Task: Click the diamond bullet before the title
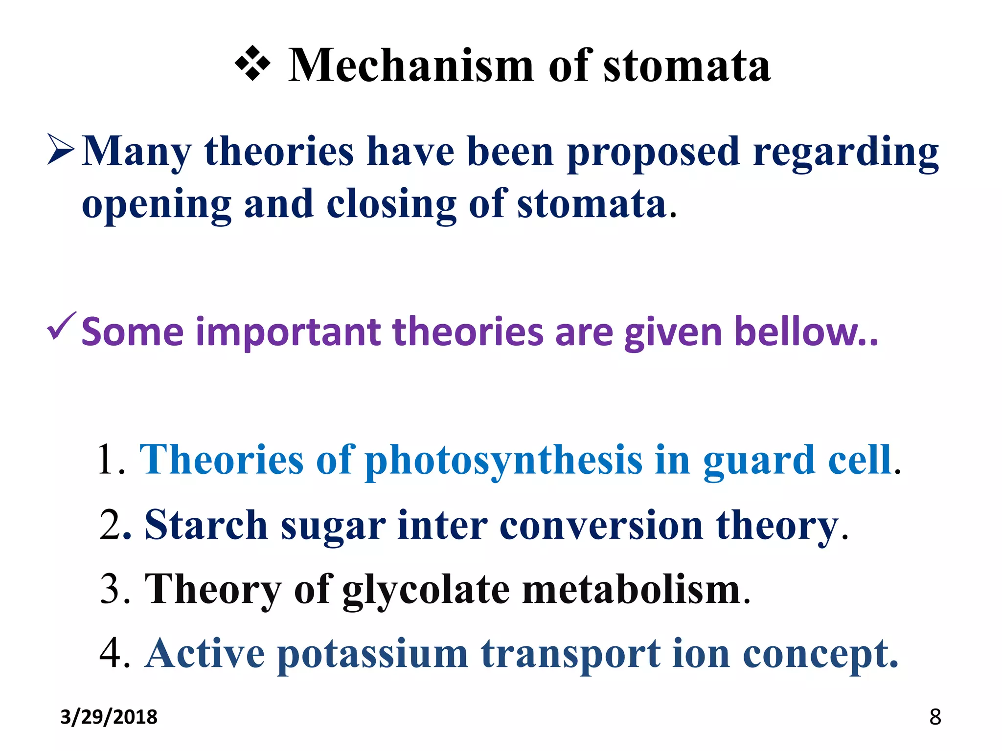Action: click(x=252, y=64)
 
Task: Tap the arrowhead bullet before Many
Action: click(x=61, y=150)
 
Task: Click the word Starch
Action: click(x=206, y=525)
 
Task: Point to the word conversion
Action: click(x=601, y=525)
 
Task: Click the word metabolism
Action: click(x=631, y=590)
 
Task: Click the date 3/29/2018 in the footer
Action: click(x=109, y=717)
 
